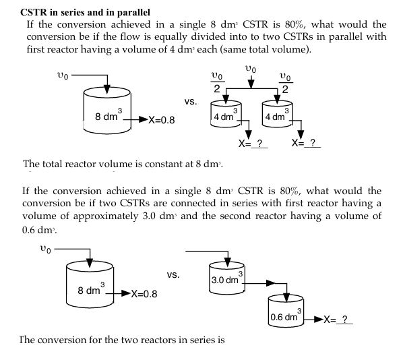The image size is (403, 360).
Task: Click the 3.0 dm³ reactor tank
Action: coord(228,279)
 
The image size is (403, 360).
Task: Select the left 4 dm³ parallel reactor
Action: coord(224,115)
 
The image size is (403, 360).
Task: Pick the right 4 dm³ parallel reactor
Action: coord(276,115)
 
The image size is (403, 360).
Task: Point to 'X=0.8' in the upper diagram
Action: coord(158,121)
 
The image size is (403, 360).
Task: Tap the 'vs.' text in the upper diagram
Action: coord(191,102)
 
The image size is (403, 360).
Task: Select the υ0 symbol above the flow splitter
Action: coord(251,68)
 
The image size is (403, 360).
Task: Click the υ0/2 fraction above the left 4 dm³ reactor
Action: coord(216,82)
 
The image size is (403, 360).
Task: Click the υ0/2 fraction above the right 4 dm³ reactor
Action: coord(286,82)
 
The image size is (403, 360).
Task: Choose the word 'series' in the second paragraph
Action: coord(233,204)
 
